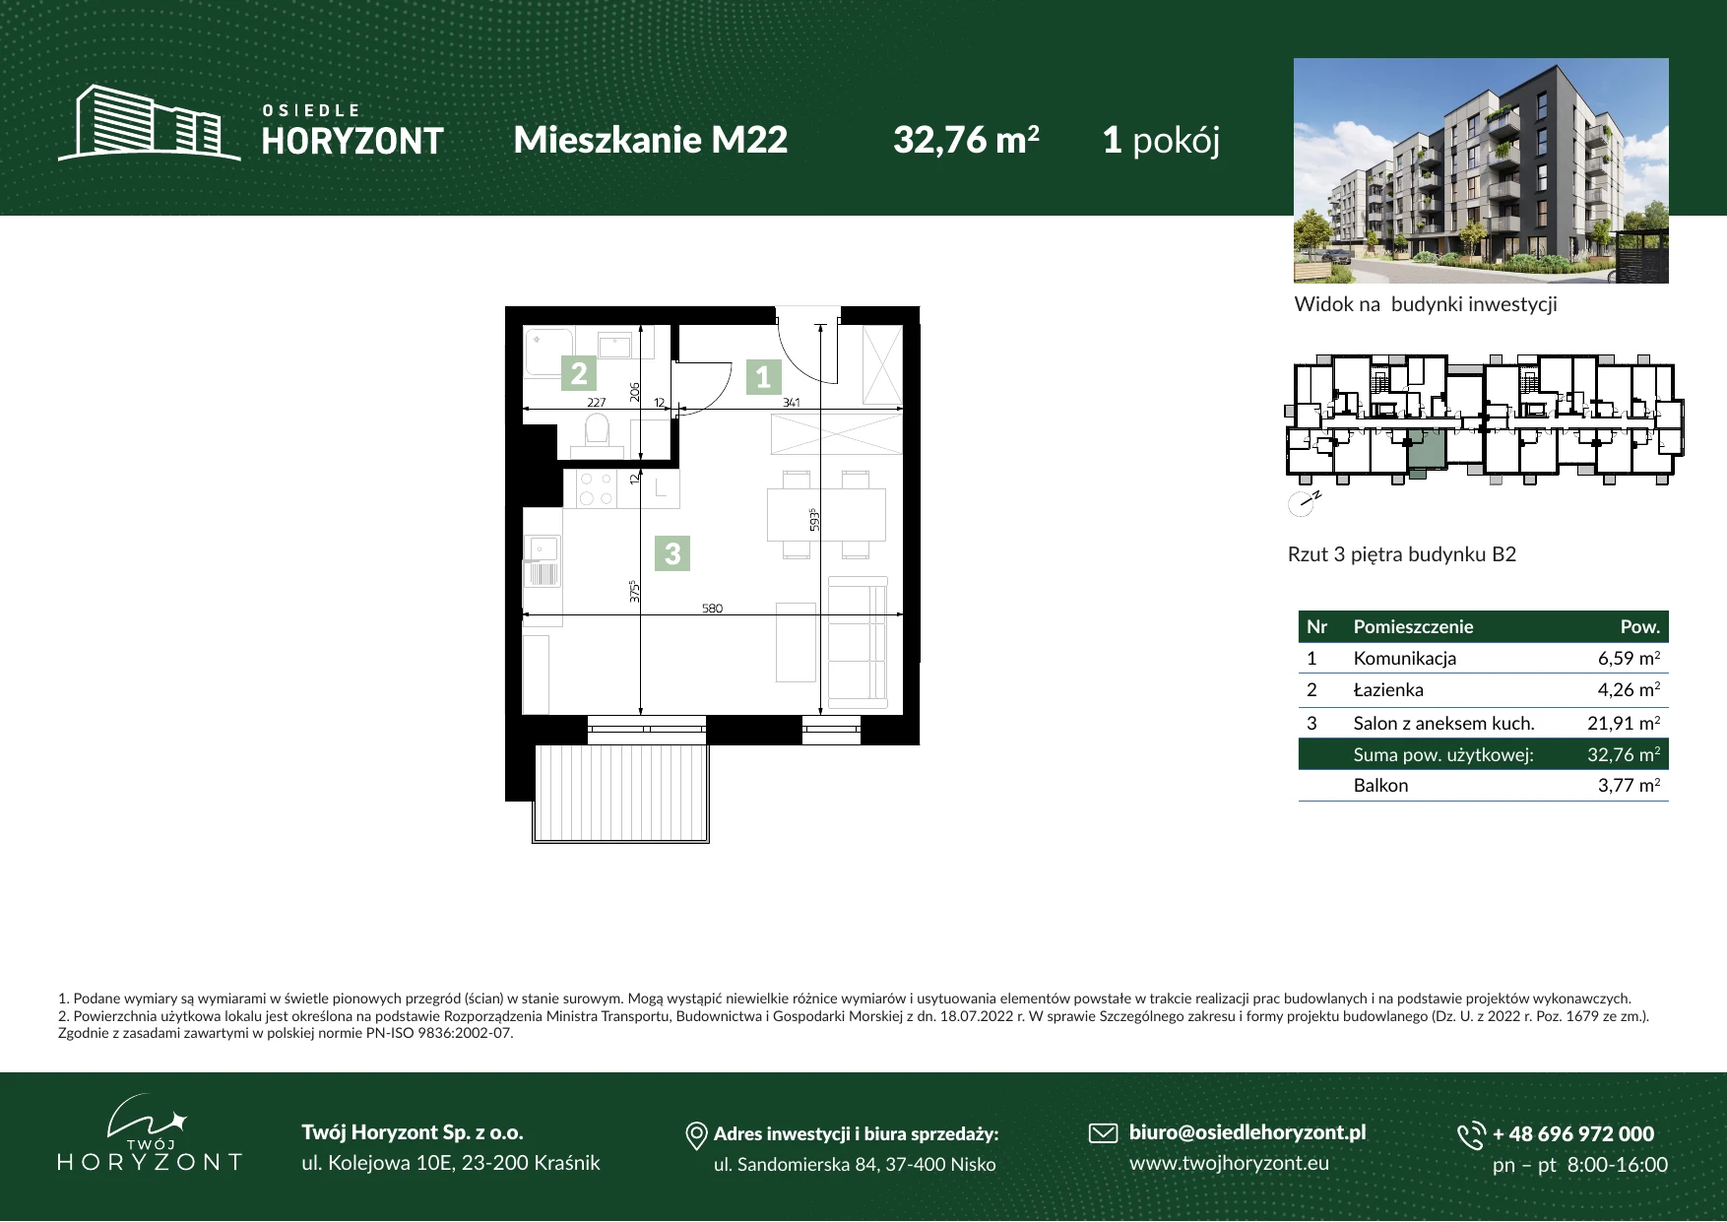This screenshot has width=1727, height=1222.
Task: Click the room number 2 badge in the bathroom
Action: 579,373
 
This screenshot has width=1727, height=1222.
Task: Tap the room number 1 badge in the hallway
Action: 763,376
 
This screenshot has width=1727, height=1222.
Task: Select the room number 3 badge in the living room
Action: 672,553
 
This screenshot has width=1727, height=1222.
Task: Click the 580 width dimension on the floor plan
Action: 712,609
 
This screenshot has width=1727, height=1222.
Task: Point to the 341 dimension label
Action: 791,403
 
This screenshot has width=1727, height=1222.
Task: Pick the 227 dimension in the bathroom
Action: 596,403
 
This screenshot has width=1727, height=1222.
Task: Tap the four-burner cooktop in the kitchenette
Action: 596,489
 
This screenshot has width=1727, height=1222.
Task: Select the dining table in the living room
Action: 826,514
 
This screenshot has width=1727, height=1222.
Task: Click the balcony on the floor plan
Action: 621,793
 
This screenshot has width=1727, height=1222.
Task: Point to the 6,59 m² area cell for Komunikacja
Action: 1629,658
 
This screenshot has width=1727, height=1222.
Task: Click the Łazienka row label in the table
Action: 1388,690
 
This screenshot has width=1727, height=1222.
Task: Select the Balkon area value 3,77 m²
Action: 1629,785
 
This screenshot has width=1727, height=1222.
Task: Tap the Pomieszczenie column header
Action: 1413,627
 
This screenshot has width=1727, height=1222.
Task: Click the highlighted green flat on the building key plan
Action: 1425,451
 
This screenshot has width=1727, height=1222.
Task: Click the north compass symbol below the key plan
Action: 1302,503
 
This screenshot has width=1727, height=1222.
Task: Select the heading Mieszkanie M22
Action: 651,140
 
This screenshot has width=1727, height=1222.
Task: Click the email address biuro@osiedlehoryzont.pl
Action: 1247,1132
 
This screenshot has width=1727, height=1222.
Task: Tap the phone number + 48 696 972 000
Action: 1573,1133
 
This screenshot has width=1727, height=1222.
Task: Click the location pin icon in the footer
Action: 696,1136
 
